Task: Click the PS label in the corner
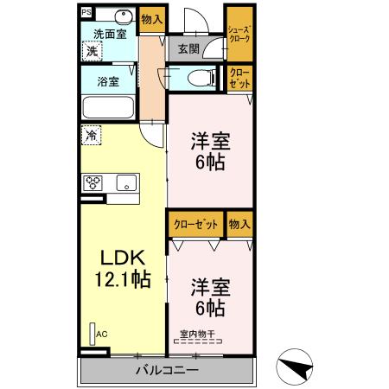(x=86, y=13)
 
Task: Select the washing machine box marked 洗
(x=92, y=52)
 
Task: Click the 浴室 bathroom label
(x=107, y=82)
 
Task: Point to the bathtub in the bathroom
(x=107, y=109)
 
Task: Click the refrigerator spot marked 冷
(x=90, y=135)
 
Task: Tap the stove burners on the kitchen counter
(x=93, y=182)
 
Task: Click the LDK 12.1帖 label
(x=123, y=268)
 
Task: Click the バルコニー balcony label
(x=167, y=370)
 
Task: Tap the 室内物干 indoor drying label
(x=197, y=335)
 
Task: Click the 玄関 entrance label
(x=189, y=49)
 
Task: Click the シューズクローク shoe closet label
(x=239, y=34)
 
